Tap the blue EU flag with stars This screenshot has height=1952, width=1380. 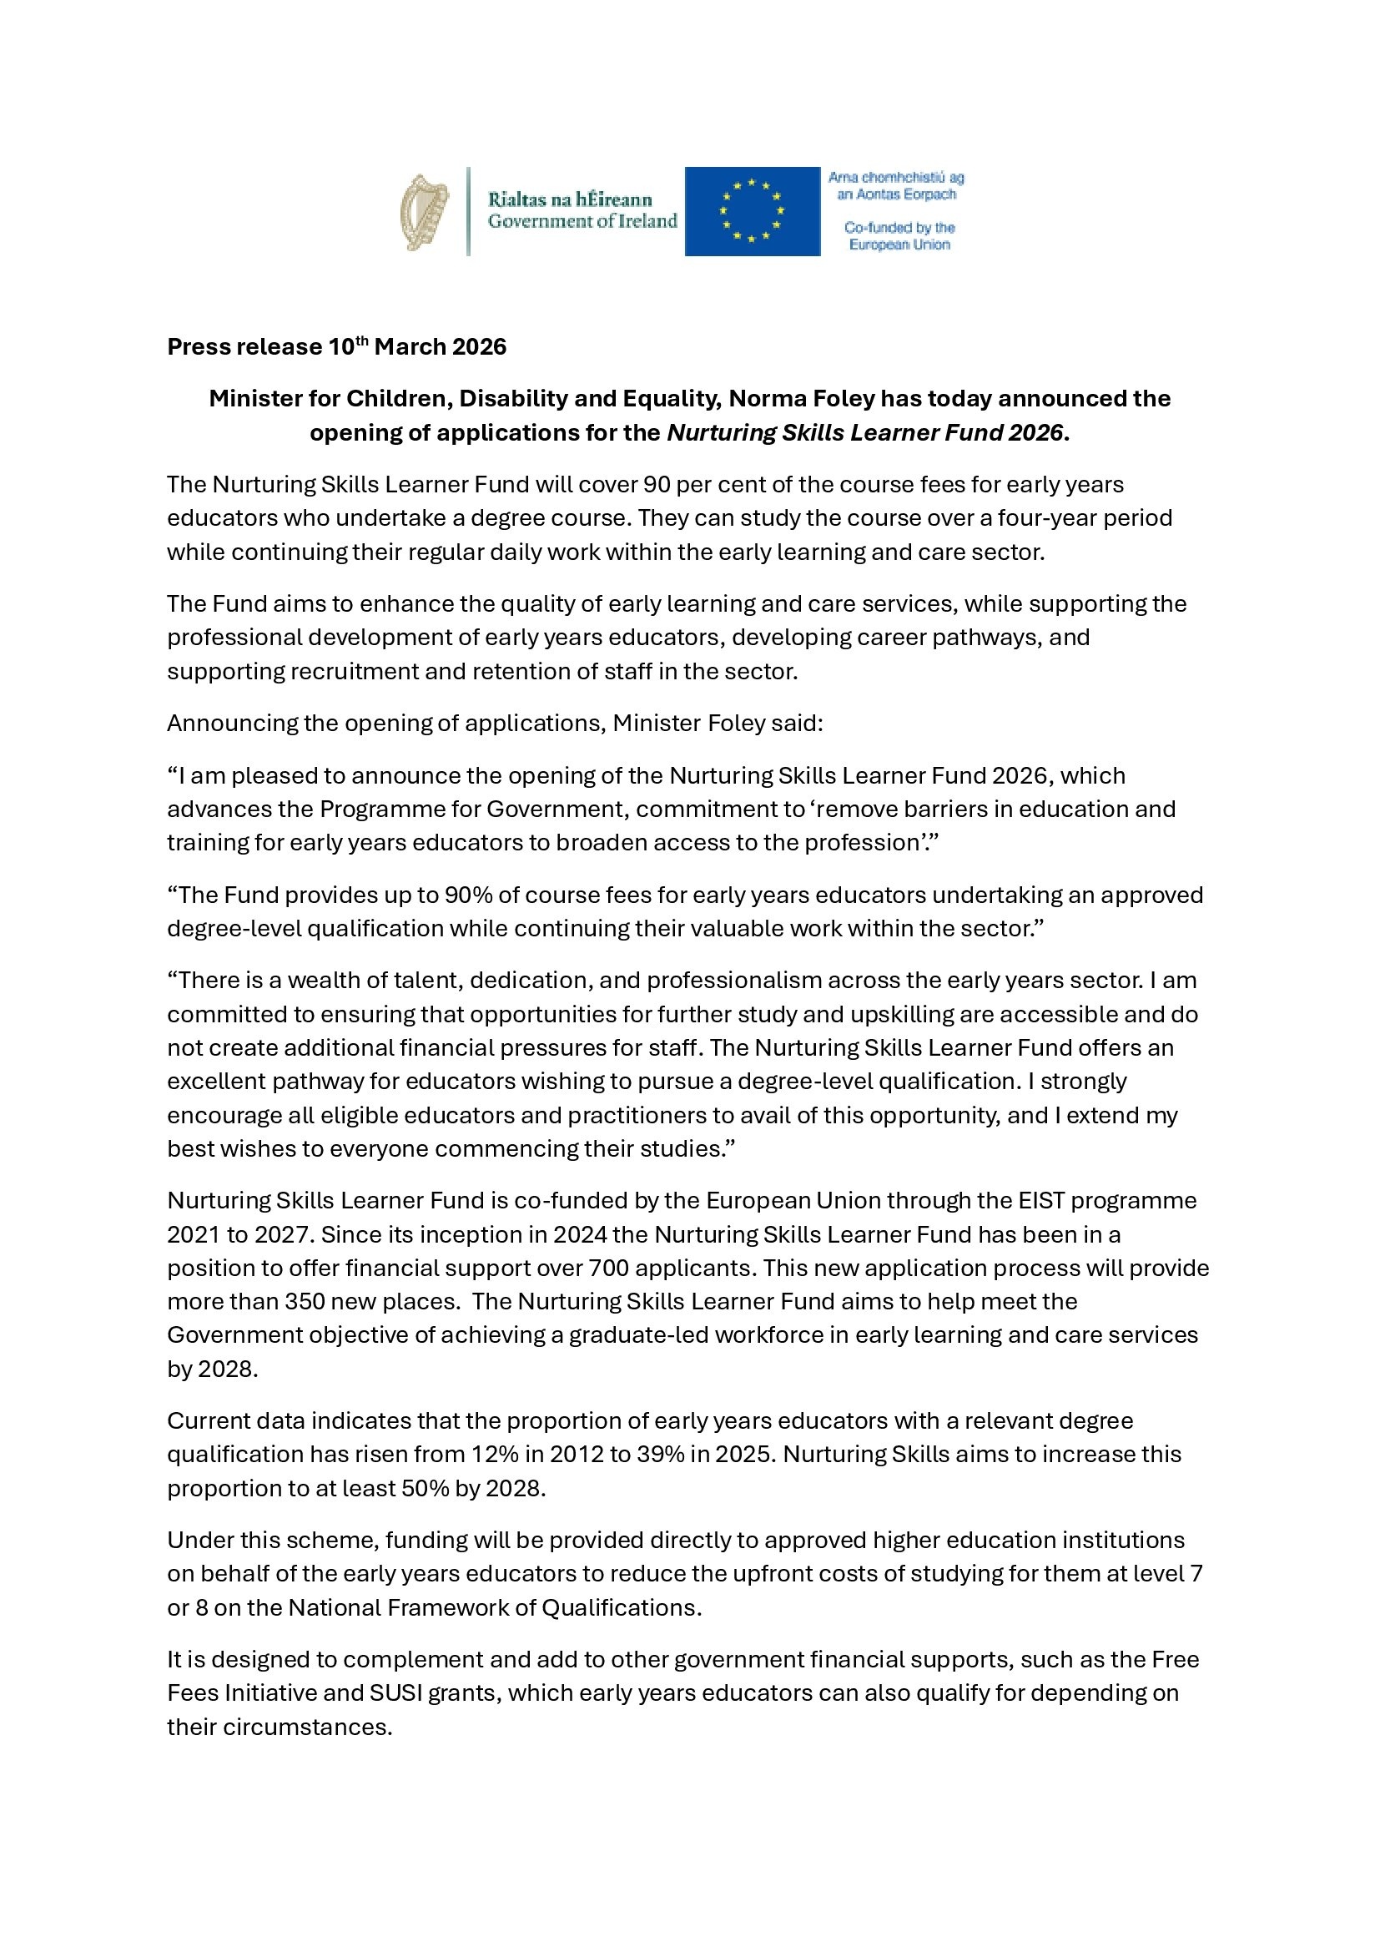(752, 211)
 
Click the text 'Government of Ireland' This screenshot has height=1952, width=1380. (582, 222)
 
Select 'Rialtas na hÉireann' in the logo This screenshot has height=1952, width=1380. (569, 199)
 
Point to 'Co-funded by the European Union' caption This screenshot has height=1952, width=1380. (899, 236)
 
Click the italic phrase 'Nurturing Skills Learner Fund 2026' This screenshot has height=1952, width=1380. (864, 433)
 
